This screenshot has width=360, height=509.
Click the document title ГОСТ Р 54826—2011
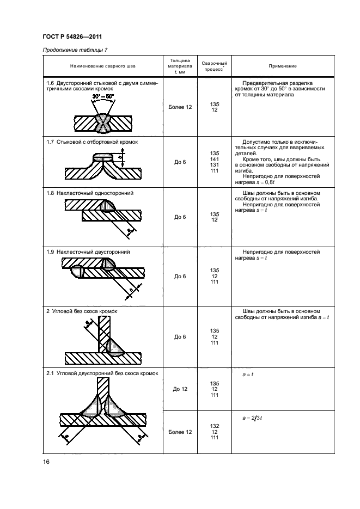coord(72,36)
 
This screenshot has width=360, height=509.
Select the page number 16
coord(46,462)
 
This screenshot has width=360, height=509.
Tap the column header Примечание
coord(283,66)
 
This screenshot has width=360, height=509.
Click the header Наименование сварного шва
coord(102,66)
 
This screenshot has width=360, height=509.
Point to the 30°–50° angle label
coord(103,96)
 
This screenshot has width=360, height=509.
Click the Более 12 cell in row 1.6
coord(180,107)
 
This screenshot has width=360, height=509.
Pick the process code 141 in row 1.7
coord(214,159)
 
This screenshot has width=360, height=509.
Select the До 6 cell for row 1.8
coord(180,217)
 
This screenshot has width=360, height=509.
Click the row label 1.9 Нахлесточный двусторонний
coord(88,252)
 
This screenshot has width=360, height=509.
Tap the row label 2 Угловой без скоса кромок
coord(82,311)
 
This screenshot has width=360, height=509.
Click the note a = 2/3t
coord(252,418)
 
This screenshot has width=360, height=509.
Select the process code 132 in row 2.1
coord(214,426)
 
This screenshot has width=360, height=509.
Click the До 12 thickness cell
coord(180,389)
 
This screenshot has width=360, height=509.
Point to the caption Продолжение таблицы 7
coord(75,50)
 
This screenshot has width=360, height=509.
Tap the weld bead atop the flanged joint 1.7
coord(103,157)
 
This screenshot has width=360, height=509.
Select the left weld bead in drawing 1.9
coord(78,272)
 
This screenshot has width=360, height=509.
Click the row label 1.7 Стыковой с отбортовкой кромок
coord(92,142)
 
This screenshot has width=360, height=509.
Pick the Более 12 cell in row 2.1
coord(180,432)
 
